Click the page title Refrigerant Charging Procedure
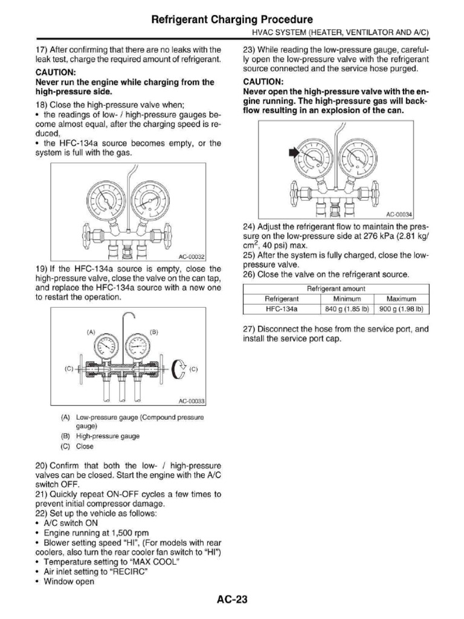(x=232, y=19)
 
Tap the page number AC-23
(x=232, y=600)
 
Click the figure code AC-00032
(x=192, y=257)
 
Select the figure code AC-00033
(x=192, y=401)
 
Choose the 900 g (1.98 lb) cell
(x=402, y=308)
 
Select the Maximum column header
(x=402, y=298)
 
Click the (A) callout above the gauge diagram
(x=91, y=332)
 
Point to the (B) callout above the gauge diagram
(x=153, y=332)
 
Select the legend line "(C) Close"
(x=77, y=447)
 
